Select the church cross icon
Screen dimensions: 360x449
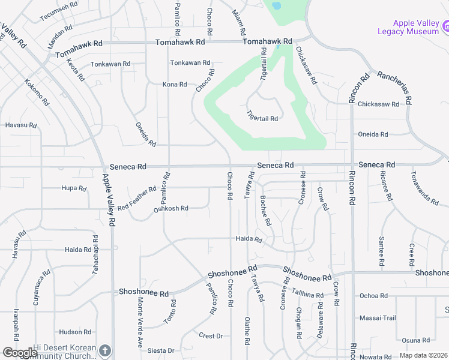tap(105, 350)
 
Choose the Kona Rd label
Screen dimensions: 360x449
tap(175, 85)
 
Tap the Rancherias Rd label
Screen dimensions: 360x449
tap(394, 88)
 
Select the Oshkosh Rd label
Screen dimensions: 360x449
tap(171, 209)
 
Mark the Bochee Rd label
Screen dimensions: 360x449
tap(266, 210)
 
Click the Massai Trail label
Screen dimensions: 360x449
tap(378, 317)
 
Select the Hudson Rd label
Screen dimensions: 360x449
tap(75, 332)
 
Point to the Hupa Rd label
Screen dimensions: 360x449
tap(74, 188)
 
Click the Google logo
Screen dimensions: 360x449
tap(20, 353)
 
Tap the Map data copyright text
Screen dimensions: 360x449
tap(424, 355)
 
